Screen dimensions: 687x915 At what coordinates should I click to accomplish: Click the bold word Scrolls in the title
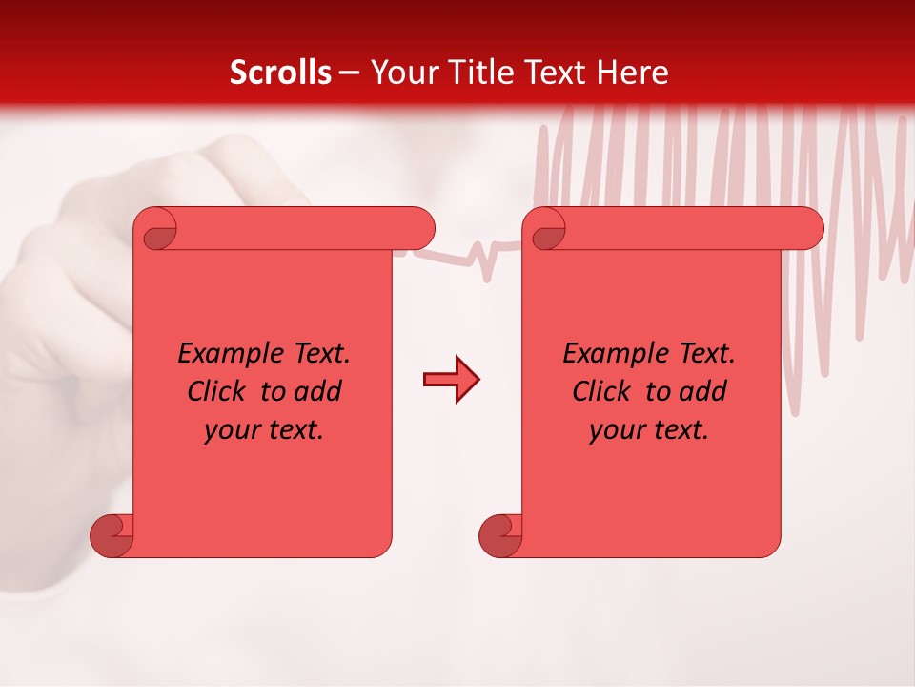coord(280,73)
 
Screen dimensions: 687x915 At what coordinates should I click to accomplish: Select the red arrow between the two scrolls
coord(451,380)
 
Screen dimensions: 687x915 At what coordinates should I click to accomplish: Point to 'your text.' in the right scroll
coord(649,429)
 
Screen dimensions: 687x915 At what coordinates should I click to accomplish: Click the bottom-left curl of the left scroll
coord(111,536)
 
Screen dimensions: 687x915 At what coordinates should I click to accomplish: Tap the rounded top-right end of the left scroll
coord(419,228)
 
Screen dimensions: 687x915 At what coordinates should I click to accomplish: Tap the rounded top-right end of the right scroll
coord(808,228)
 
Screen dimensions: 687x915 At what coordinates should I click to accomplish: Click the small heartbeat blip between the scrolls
coord(486,260)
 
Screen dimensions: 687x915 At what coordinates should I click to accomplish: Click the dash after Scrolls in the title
coord(349,73)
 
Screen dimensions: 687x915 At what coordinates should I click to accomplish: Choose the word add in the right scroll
coord(704,391)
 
